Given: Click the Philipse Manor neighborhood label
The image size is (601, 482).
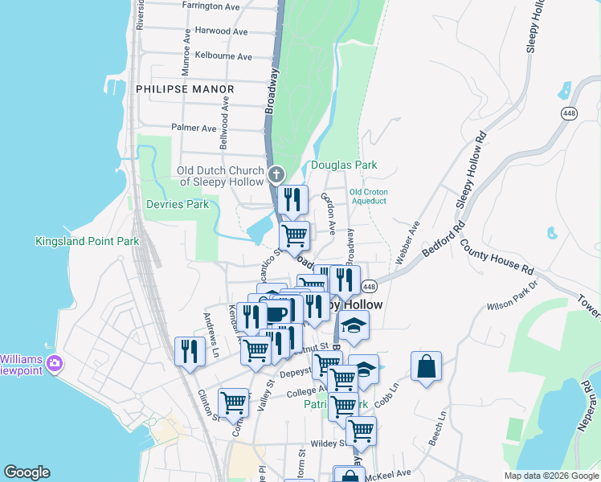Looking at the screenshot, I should (x=185, y=89).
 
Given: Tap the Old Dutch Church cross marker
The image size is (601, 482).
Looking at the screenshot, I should (x=276, y=174).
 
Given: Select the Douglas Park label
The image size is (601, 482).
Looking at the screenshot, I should (x=344, y=165).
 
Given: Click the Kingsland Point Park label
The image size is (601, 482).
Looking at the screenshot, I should (x=82, y=241).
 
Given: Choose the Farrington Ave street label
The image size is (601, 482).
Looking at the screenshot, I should (x=211, y=6).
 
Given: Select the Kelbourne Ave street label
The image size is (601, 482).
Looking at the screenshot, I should (x=224, y=57).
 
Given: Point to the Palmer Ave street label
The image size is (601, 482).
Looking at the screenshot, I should (x=194, y=128).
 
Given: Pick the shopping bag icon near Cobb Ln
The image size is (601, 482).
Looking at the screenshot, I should (x=427, y=367).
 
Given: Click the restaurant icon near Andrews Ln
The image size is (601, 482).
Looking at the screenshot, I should (x=190, y=352).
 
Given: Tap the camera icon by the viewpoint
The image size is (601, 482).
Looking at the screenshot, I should (x=55, y=363).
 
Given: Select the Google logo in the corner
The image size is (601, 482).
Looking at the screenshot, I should (x=27, y=472).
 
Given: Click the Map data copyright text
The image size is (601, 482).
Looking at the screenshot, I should (x=551, y=476).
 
